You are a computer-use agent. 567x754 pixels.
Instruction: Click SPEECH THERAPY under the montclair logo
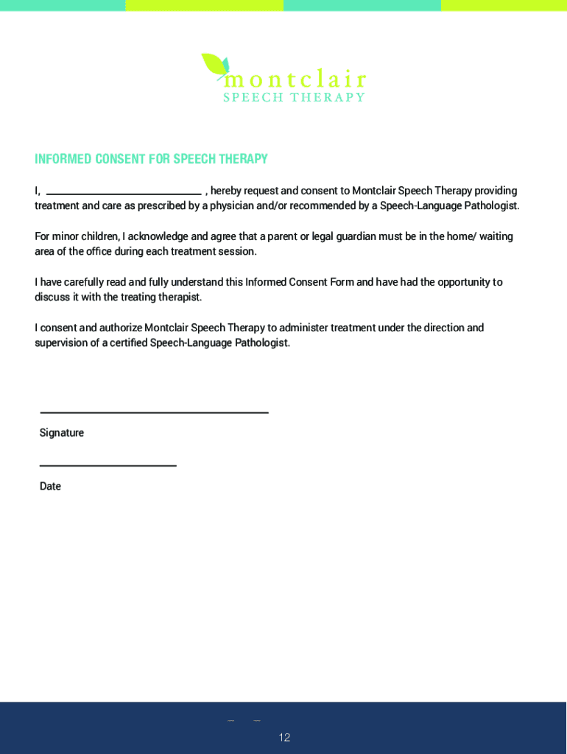click(x=295, y=97)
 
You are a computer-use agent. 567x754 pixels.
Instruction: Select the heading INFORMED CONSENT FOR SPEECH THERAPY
click(x=151, y=159)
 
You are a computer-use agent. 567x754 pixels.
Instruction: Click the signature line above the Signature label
click(x=154, y=412)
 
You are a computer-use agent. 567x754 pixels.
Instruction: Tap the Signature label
click(x=62, y=433)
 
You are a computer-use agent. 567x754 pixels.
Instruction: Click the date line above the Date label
click(x=108, y=465)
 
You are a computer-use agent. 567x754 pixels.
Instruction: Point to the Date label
click(x=50, y=486)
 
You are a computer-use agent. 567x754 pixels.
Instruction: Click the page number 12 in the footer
click(x=284, y=737)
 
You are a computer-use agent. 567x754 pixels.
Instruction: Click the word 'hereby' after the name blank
click(x=226, y=191)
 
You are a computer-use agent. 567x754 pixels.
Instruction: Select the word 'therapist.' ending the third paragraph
click(x=176, y=297)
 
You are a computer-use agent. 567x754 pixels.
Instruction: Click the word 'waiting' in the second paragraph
click(x=496, y=236)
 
